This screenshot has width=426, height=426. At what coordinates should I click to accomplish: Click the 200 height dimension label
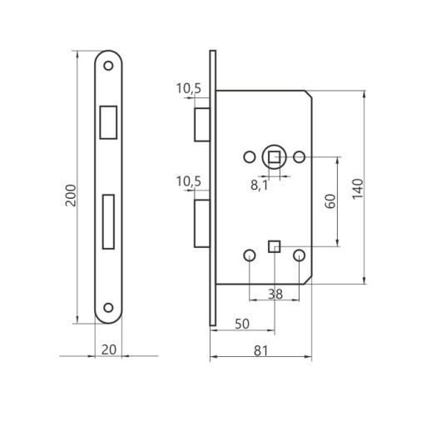71,196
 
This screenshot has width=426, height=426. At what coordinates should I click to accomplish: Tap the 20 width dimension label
109,349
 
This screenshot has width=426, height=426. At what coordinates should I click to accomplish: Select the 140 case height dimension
358,189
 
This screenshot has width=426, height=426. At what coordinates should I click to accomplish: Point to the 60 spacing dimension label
330,201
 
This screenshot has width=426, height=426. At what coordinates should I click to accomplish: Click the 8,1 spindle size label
260,186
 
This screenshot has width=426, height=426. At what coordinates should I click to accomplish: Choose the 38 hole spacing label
275,295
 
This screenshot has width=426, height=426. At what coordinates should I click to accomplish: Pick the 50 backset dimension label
242,324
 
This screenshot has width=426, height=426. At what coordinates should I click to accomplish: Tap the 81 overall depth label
261,351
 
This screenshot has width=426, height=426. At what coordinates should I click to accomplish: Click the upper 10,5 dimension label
189,89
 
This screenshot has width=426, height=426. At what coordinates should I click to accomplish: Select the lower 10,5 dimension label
189,181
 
